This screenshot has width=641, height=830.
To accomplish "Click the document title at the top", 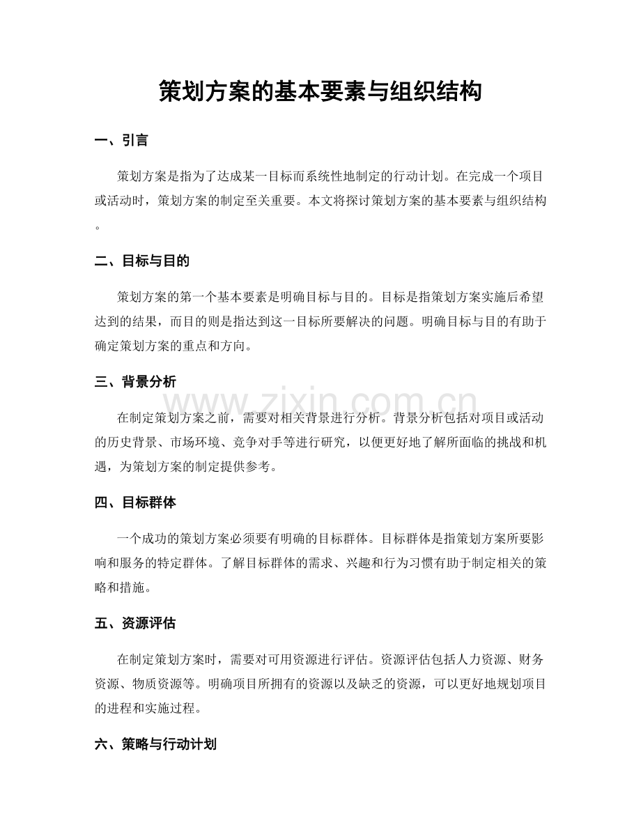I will [x=320, y=91].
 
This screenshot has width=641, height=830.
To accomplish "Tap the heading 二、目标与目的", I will [x=141, y=261].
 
